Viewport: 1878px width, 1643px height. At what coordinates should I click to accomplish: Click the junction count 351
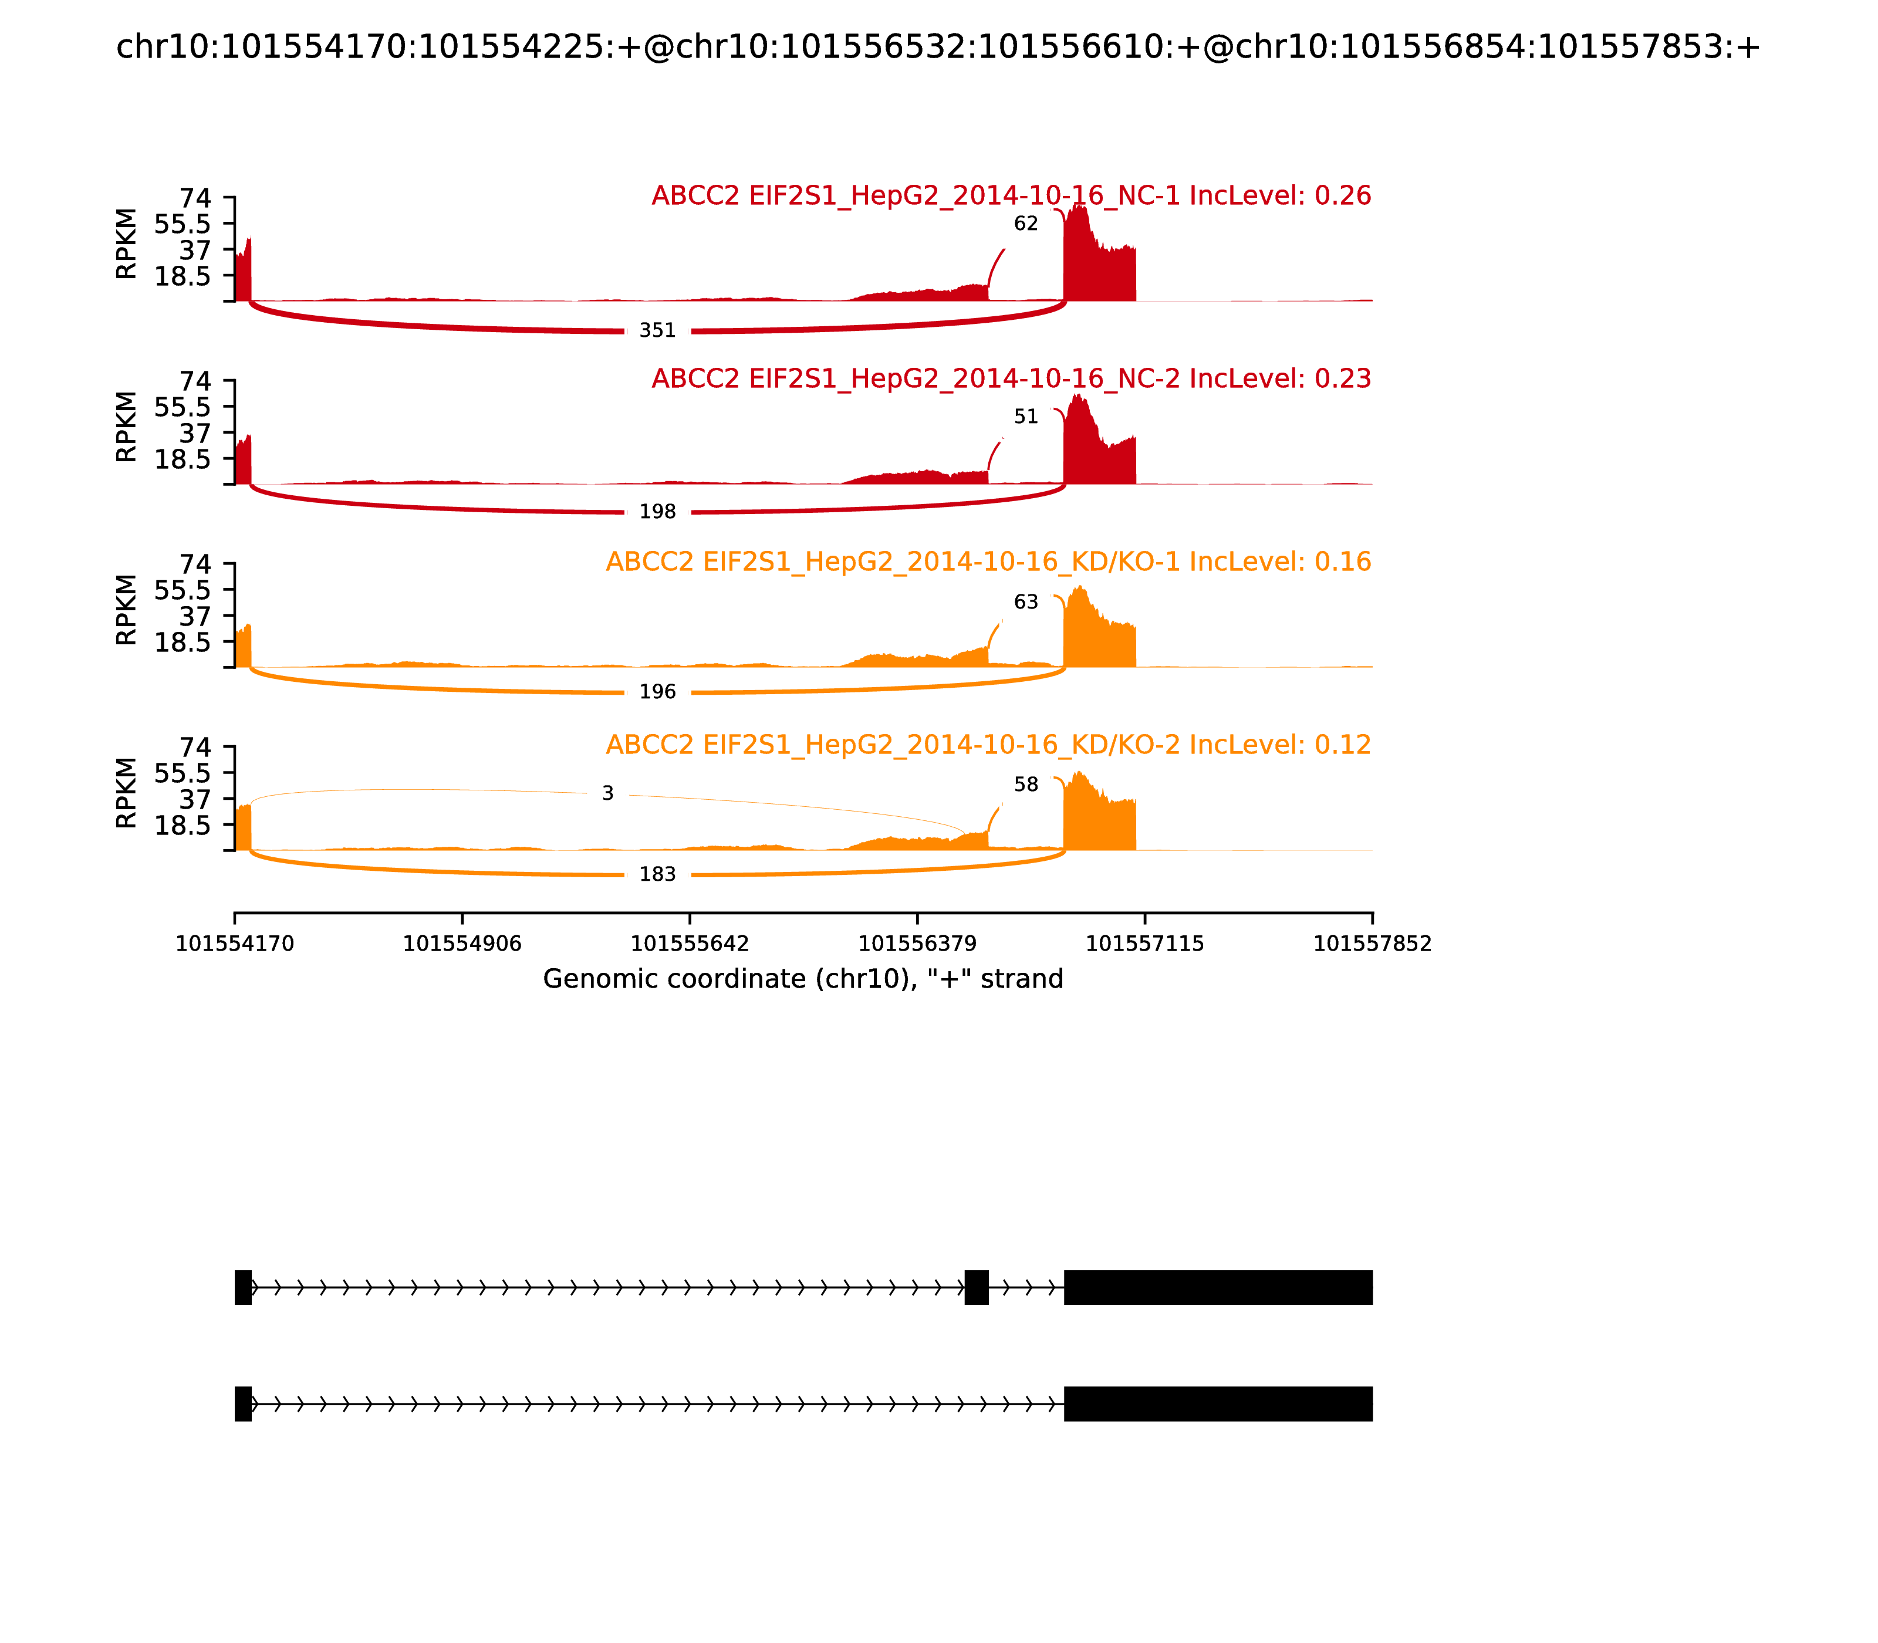657,330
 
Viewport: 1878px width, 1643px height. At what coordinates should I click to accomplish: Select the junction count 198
657,512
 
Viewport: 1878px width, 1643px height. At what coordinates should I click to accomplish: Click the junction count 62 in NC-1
1025,224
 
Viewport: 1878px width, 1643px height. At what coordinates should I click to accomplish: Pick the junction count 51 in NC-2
1025,417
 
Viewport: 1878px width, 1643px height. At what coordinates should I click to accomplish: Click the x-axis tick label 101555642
690,944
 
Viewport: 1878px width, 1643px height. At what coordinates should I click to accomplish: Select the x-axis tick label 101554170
235,944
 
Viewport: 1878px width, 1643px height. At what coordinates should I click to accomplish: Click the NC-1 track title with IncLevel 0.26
1011,196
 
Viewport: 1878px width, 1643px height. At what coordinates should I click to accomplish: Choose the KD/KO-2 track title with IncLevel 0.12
988,745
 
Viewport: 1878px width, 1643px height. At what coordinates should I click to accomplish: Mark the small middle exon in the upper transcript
977,1287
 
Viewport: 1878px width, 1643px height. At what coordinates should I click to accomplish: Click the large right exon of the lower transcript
1218,1404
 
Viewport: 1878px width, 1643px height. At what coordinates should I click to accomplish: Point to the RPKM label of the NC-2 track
127,427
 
